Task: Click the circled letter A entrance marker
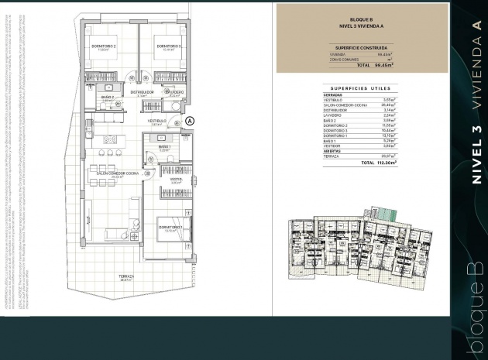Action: pyautogui.click(x=190, y=121)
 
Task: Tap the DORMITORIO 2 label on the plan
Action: pyautogui.click(x=104, y=46)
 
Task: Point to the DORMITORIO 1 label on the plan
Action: pyautogui.click(x=170, y=227)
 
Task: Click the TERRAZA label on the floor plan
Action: pyautogui.click(x=126, y=276)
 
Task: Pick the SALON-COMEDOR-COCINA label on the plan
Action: pyautogui.click(x=118, y=173)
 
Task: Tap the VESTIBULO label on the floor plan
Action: pyautogui.click(x=159, y=122)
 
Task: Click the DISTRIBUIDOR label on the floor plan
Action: pyautogui.click(x=142, y=92)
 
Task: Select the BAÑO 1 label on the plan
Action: pyautogui.click(x=164, y=146)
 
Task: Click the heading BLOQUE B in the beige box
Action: pyautogui.click(x=361, y=18)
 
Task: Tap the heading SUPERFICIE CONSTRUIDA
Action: pyautogui.click(x=361, y=47)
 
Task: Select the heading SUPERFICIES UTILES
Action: pyautogui.click(x=361, y=88)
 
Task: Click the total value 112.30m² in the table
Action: pyautogui.click(x=383, y=164)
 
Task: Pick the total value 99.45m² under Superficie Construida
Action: pyautogui.click(x=383, y=66)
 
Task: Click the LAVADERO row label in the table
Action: pyautogui.click(x=335, y=115)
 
